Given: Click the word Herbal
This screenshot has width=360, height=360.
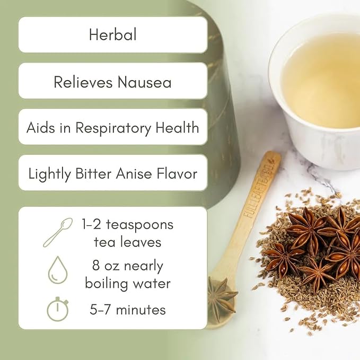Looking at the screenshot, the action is (x=113, y=34).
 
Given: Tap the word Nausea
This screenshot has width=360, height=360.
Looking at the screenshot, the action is (x=145, y=82).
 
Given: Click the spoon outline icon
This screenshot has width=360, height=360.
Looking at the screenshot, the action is (x=58, y=232).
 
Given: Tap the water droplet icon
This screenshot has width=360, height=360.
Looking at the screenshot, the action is (x=58, y=270).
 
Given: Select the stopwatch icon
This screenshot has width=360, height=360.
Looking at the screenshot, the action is (x=58, y=309).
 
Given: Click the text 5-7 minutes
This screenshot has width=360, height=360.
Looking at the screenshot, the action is (x=128, y=310).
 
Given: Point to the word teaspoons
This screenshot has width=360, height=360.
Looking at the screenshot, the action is (x=139, y=225).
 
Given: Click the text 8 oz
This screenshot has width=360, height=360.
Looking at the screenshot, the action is (x=104, y=266).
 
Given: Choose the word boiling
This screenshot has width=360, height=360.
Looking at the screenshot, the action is (x=107, y=283).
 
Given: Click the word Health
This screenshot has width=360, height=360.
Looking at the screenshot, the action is (x=177, y=127).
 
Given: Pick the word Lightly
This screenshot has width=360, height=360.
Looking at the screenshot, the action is (x=50, y=174).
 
